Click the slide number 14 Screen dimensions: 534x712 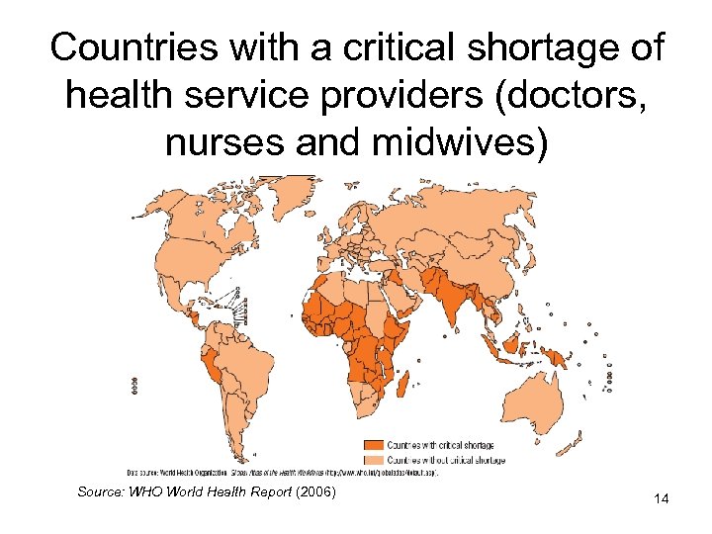pos(661,499)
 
